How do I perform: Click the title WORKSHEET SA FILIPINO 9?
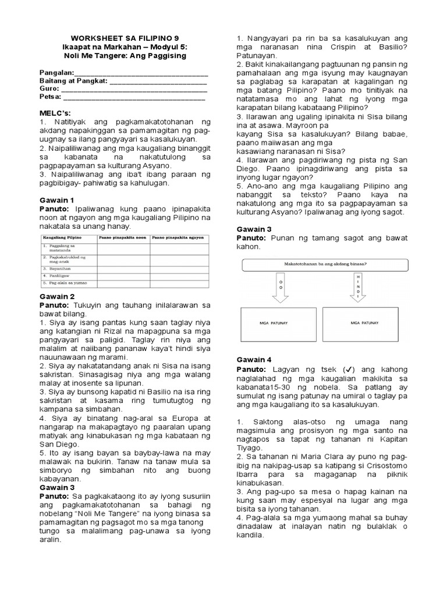click(x=123, y=36)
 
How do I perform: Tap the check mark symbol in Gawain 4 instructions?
click(x=348, y=369)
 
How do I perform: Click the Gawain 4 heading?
click(x=254, y=360)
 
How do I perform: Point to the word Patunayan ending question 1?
click(x=256, y=55)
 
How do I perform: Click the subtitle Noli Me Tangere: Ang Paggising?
click(x=123, y=55)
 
